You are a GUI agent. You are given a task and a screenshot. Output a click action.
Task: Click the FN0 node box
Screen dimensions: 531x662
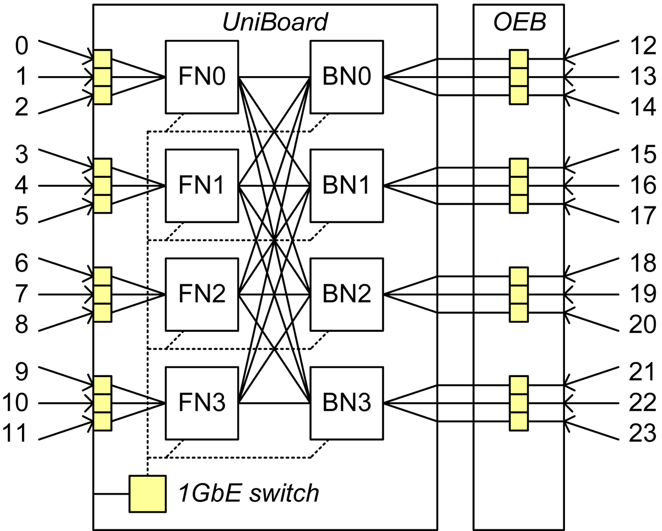point(202,77)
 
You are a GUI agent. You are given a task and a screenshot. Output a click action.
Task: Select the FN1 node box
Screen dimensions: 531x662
point(202,185)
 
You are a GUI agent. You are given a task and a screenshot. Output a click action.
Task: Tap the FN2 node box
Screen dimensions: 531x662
point(202,294)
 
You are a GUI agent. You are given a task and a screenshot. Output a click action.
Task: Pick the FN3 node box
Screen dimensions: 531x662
point(202,403)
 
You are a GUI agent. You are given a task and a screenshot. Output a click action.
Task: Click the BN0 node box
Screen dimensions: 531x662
point(347,77)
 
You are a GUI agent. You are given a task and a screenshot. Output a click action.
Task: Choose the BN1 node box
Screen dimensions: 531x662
point(347,185)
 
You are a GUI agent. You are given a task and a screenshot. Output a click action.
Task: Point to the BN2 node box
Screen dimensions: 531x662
point(347,294)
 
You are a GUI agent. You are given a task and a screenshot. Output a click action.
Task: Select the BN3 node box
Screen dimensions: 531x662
point(347,403)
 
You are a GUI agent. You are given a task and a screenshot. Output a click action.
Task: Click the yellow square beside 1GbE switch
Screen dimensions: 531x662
point(147,493)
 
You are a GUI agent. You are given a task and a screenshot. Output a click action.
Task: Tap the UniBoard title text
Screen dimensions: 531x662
point(275,22)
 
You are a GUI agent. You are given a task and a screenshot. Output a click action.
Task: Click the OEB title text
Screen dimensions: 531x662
point(519,22)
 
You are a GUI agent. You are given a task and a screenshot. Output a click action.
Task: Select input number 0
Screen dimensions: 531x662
point(21,47)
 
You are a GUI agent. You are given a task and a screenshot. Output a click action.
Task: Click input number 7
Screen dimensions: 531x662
point(21,294)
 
